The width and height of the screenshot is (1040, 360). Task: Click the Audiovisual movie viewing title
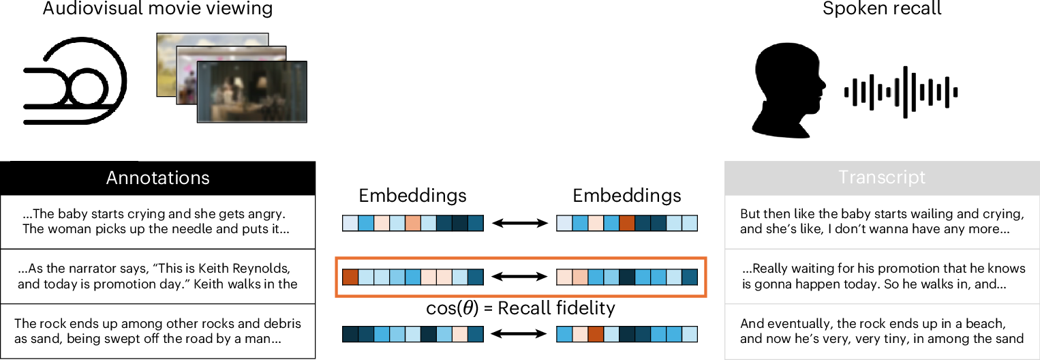157,10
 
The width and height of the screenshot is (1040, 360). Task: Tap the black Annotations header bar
158,178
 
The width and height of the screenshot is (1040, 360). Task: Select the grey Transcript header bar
882,178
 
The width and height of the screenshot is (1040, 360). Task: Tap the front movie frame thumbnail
251,91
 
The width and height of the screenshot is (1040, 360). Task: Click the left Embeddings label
412,196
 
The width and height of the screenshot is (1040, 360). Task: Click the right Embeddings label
626,196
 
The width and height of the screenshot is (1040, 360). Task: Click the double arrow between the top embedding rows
519,223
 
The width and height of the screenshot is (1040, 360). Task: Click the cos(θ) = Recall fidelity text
519,308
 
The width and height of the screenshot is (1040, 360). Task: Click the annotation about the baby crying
158,221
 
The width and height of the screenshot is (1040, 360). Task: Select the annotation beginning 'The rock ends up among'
158,331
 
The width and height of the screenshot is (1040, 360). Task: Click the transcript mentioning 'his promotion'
882,275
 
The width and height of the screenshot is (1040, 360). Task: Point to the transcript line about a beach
882,331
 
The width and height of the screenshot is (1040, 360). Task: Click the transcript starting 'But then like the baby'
882,221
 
